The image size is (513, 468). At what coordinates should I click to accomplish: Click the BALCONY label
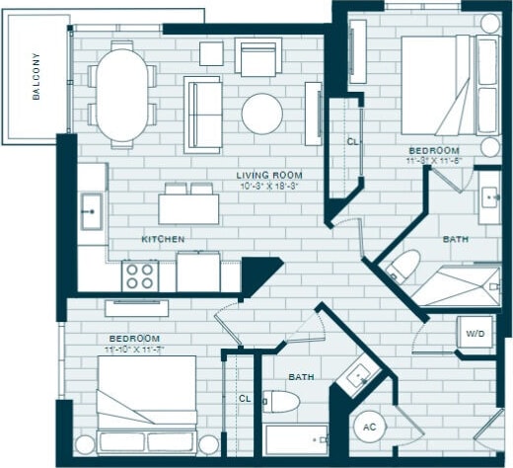coord(37,77)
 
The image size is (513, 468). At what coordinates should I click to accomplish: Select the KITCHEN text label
coord(163,240)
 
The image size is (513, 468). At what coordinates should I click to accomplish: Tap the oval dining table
coord(124,94)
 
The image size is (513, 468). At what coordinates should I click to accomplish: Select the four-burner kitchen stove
coord(139,273)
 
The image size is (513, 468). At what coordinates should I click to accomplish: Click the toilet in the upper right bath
coord(404,264)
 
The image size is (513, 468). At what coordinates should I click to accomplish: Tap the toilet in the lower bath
coord(282,402)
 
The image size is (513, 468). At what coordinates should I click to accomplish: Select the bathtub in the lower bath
coord(296,440)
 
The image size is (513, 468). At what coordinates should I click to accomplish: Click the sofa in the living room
coord(204,113)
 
